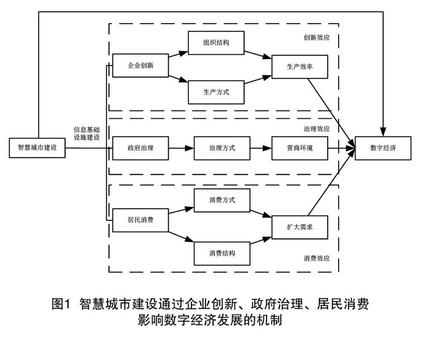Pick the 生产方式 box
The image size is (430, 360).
216,92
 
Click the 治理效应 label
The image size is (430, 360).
317,129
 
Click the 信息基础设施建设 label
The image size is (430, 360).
88,133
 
